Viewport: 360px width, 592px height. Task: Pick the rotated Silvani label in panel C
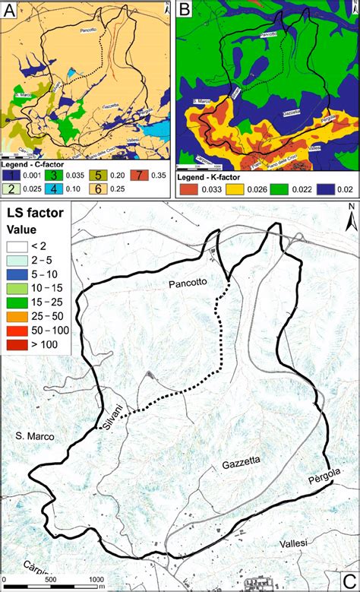pos(112,416)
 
